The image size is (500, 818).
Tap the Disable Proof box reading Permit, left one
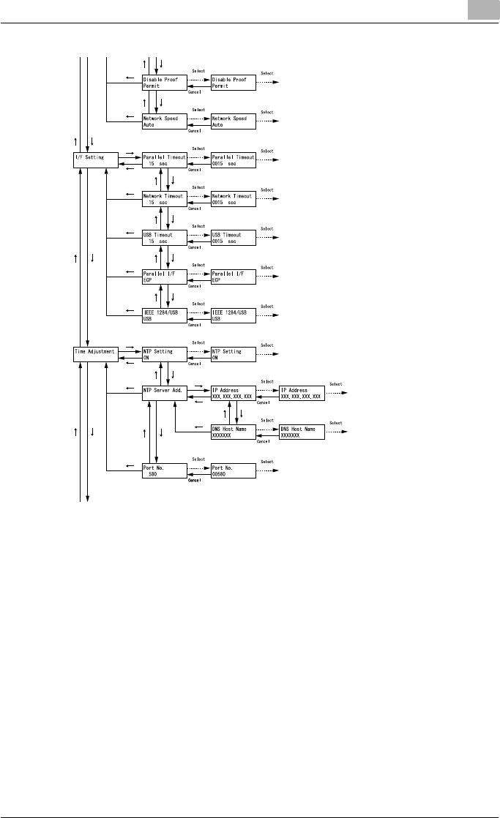point(165,82)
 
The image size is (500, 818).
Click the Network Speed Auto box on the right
point(233,121)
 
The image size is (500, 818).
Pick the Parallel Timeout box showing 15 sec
point(165,160)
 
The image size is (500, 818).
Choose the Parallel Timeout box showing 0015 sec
point(233,160)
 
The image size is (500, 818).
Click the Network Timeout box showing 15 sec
point(165,199)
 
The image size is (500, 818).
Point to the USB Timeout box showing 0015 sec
point(233,238)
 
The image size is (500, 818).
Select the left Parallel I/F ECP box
point(165,277)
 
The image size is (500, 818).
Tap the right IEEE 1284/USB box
point(233,315)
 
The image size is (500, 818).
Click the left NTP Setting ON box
point(165,354)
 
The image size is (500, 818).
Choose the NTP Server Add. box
point(165,393)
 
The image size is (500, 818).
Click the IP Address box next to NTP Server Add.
point(233,393)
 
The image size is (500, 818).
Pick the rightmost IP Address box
point(301,393)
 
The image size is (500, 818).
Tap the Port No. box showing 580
point(165,470)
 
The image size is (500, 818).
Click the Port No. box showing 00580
point(233,470)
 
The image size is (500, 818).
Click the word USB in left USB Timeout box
point(149,234)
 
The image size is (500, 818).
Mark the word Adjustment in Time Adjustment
point(101,351)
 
